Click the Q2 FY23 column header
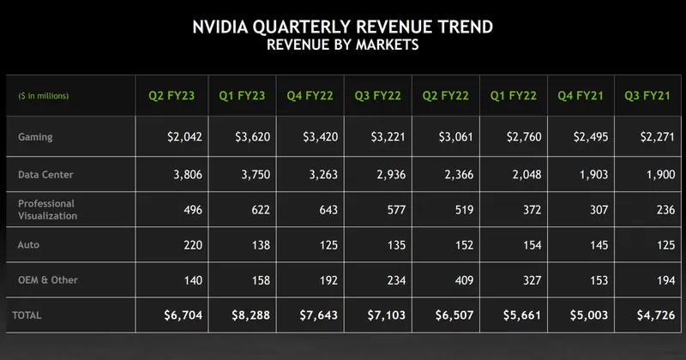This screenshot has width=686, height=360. click(170, 96)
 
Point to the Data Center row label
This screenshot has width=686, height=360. click(45, 174)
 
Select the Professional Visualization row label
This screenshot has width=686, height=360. click(46, 210)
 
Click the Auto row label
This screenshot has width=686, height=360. click(27, 245)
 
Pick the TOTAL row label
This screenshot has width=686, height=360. click(27, 315)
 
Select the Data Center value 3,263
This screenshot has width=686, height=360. click(316, 174)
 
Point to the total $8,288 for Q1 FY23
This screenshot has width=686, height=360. click(250, 315)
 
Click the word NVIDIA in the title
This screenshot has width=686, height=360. click(229, 27)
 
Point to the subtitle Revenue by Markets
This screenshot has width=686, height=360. click(342, 45)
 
